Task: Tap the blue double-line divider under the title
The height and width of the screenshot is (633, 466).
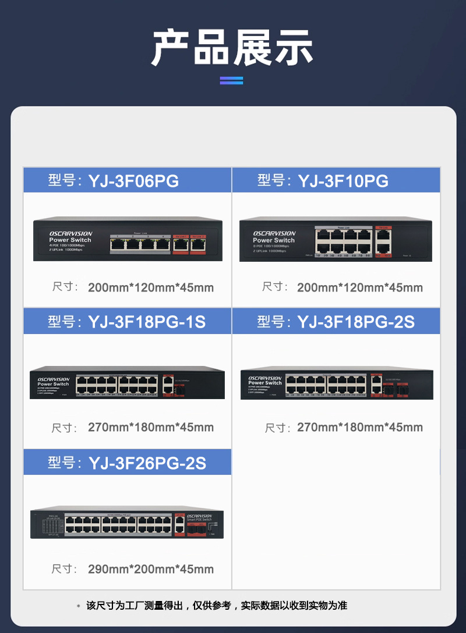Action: (231, 80)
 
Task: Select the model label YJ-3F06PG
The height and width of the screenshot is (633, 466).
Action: (133, 181)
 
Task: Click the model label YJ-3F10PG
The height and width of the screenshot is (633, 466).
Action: (343, 181)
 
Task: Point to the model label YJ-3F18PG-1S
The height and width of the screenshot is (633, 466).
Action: (147, 322)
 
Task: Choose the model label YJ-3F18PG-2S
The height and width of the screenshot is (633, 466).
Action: (355, 322)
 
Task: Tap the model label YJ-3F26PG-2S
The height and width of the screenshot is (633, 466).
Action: (147, 463)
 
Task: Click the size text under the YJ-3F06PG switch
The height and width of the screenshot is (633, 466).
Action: (150, 287)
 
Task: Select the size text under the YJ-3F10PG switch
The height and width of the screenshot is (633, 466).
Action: (359, 287)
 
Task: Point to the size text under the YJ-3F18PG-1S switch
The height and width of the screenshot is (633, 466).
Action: (150, 428)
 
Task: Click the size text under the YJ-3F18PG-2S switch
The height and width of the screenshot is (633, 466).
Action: (359, 428)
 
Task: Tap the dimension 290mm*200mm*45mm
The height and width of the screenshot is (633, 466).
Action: (150, 569)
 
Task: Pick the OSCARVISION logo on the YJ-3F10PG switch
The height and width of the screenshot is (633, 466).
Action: (274, 233)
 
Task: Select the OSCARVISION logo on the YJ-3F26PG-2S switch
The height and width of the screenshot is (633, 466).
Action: (199, 516)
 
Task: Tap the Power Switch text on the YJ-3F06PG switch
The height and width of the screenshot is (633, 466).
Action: (70, 240)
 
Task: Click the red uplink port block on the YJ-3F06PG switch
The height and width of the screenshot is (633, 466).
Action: (190, 243)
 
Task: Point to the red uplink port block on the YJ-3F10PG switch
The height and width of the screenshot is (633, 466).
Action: (382, 241)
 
